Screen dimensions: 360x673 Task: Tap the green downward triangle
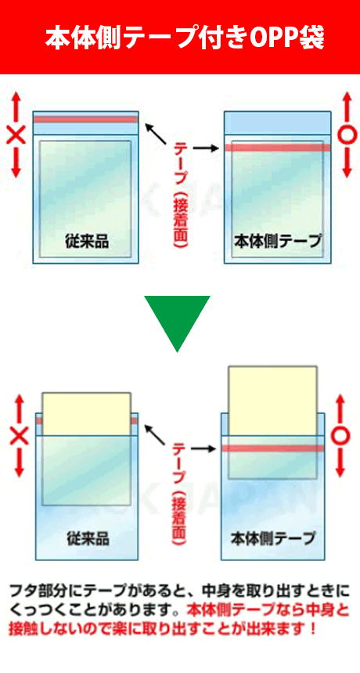(177, 320)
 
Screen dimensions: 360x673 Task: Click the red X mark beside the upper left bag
(16, 136)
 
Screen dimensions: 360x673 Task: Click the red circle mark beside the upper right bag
(347, 135)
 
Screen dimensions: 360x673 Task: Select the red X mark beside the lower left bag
(18, 436)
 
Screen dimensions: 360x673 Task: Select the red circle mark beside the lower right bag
(340, 437)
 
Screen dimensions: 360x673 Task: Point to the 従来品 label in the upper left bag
(87, 241)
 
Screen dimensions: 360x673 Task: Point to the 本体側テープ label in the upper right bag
(278, 241)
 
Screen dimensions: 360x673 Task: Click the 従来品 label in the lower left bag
(88, 538)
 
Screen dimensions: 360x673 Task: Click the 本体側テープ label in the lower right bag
(273, 538)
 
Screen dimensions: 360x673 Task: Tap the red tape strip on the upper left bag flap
(86, 119)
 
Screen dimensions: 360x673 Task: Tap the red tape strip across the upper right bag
(278, 148)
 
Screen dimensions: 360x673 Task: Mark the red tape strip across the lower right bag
(273, 448)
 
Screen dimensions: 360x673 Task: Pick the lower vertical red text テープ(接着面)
(179, 494)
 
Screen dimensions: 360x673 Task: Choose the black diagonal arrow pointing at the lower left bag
(155, 434)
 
